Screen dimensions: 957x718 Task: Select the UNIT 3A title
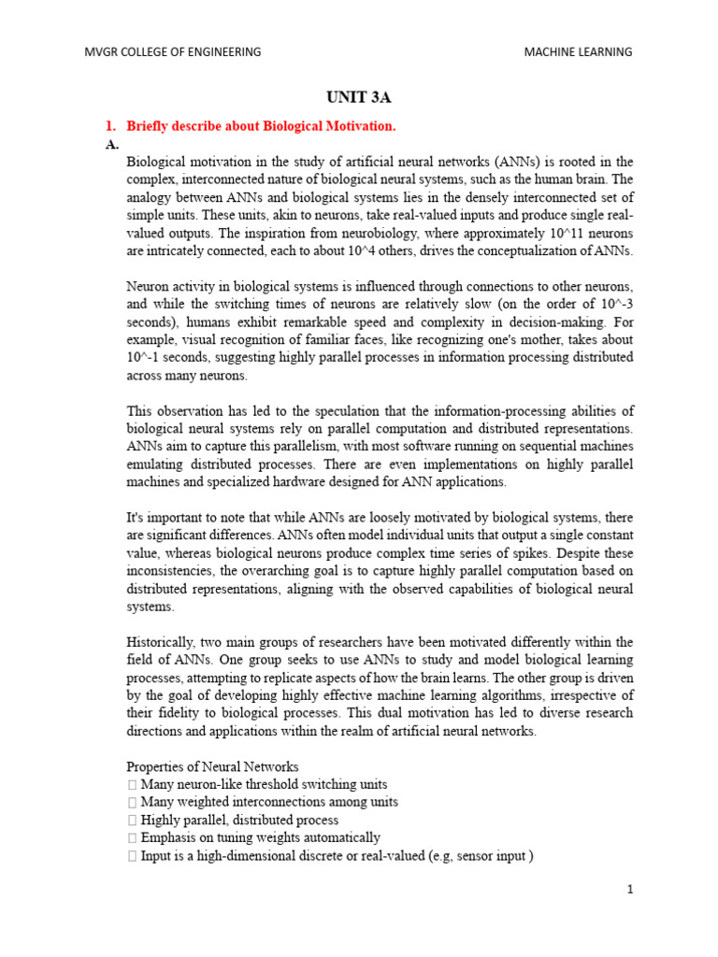point(358,97)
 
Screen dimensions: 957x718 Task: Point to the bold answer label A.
point(112,144)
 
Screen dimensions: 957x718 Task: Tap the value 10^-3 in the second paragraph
point(612,304)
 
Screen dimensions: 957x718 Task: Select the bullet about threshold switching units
point(263,784)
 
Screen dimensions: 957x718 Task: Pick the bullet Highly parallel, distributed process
point(238,820)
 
